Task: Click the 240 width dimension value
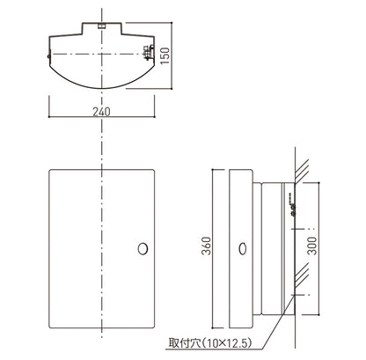(x=101, y=112)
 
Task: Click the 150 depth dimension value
(x=165, y=55)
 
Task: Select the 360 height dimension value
(x=207, y=246)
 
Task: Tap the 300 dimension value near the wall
(x=312, y=246)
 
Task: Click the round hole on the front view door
(x=143, y=249)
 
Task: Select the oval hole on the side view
(x=243, y=249)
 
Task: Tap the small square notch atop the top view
(x=101, y=26)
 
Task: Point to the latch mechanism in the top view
(x=149, y=53)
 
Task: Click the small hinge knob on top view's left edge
(x=48, y=56)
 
